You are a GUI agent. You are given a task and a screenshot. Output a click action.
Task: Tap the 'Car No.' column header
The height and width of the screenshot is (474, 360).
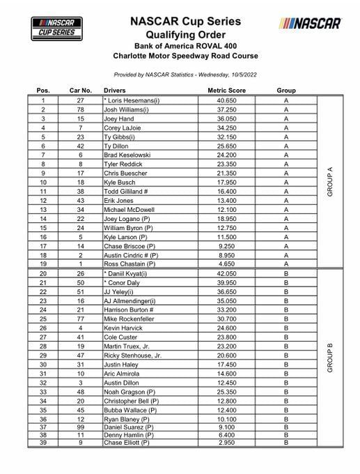(x=80, y=91)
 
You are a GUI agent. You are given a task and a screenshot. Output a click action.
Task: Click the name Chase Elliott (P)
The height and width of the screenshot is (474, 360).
(x=126, y=442)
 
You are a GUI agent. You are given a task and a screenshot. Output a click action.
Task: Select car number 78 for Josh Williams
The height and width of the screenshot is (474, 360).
(x=81, y=109)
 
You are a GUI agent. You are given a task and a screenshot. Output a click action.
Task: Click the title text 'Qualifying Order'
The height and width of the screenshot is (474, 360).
(x=185, y=33)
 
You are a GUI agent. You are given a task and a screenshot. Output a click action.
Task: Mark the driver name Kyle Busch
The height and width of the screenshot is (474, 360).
(x=121, y=181)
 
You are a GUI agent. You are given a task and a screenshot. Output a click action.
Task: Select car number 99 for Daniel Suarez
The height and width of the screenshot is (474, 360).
(x=81, y=427)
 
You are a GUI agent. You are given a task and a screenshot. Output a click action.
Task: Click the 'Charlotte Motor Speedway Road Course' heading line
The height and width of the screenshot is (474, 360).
(x=185, y=56)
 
